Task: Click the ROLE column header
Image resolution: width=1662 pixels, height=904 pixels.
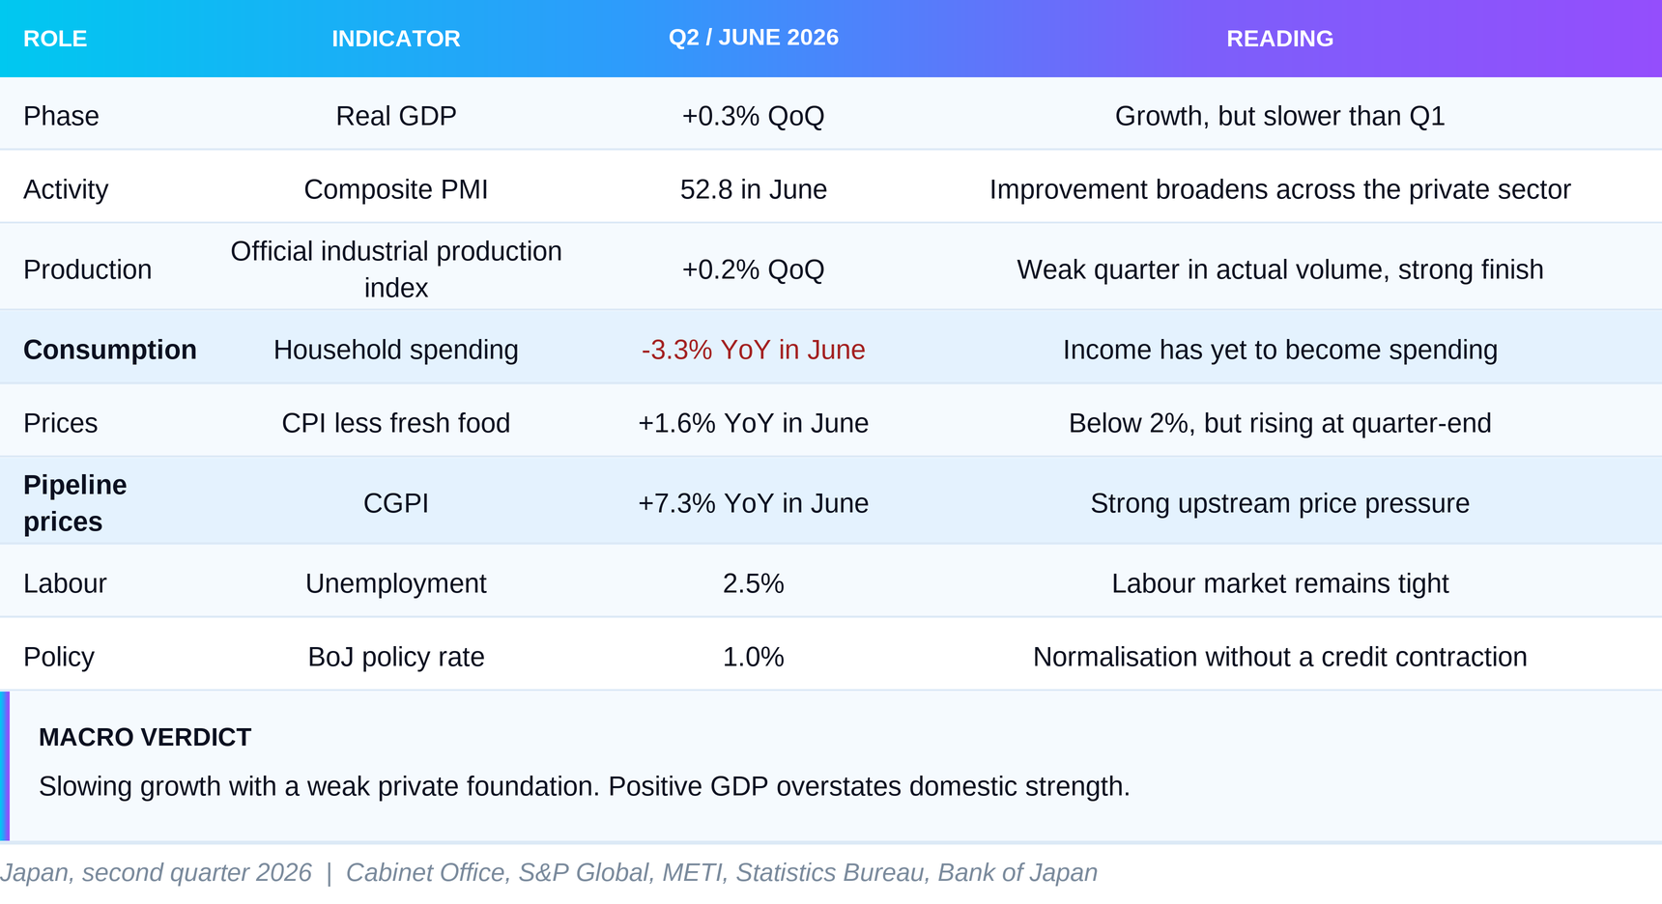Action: (55, 39)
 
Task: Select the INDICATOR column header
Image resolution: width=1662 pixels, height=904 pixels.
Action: (396, 39)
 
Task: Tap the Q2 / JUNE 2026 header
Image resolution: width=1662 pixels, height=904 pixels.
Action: (754, 38)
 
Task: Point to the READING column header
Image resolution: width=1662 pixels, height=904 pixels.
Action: (1280, 39)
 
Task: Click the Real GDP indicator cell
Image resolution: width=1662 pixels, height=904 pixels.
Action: (396, 116)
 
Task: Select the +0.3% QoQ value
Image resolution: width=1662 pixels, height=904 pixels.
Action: (754, 116)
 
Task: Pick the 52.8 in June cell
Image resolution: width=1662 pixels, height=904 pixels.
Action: (754, 189)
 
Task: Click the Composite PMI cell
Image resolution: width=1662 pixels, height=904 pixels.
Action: (396, 189)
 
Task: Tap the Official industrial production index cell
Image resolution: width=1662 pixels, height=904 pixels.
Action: (396, 269)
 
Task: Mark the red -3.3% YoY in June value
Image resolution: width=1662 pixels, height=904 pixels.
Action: (754, 350)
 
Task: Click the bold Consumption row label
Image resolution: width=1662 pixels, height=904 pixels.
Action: (110, 350)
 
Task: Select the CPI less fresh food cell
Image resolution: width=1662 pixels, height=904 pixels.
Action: (396, 423)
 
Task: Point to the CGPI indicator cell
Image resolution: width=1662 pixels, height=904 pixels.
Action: (396, 503)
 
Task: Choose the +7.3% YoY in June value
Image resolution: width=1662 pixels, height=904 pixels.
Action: (754, 503)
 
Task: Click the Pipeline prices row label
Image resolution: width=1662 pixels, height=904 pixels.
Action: (75, 503)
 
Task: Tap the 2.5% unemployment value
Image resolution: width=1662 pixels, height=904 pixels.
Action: (754, 583)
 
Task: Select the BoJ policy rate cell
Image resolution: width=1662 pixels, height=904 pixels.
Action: (396, 657)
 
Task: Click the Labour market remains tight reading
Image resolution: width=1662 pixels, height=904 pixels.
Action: (1280, 583)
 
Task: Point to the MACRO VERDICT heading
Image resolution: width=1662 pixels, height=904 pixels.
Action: (145, 737)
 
